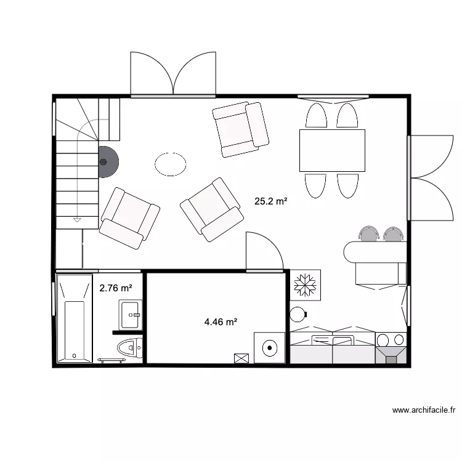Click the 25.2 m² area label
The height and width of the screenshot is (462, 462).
271,201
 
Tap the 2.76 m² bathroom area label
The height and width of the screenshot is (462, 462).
116,288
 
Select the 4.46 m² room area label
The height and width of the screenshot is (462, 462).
221,321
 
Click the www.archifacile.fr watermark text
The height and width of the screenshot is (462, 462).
424,410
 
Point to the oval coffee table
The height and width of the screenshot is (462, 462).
171,164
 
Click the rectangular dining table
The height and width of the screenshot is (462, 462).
332,150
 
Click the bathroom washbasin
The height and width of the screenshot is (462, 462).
130,315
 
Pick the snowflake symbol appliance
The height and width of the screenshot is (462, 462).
305,285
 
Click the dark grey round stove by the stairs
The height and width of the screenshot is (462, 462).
107,162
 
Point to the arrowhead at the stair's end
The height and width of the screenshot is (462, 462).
77,219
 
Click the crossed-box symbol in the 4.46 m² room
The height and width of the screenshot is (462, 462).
241,358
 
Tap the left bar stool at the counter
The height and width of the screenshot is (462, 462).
370,233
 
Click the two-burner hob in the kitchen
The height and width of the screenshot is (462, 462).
391,339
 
